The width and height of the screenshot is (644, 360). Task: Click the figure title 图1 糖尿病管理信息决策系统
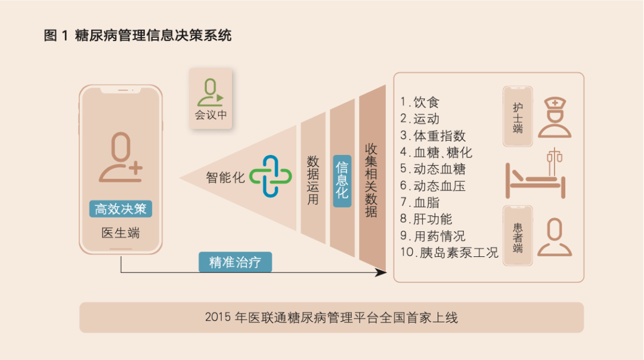(138, 36)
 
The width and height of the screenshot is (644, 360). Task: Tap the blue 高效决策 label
(120, 209)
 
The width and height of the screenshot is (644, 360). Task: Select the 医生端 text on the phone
(120, 233)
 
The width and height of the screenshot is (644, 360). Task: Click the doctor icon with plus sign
(120, 157)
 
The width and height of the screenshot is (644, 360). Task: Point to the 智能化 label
(225, 178)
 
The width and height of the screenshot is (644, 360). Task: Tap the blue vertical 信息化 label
(342, 179)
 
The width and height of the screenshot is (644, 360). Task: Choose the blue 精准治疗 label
(235, 262)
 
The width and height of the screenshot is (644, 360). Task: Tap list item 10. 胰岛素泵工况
(448, 252)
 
